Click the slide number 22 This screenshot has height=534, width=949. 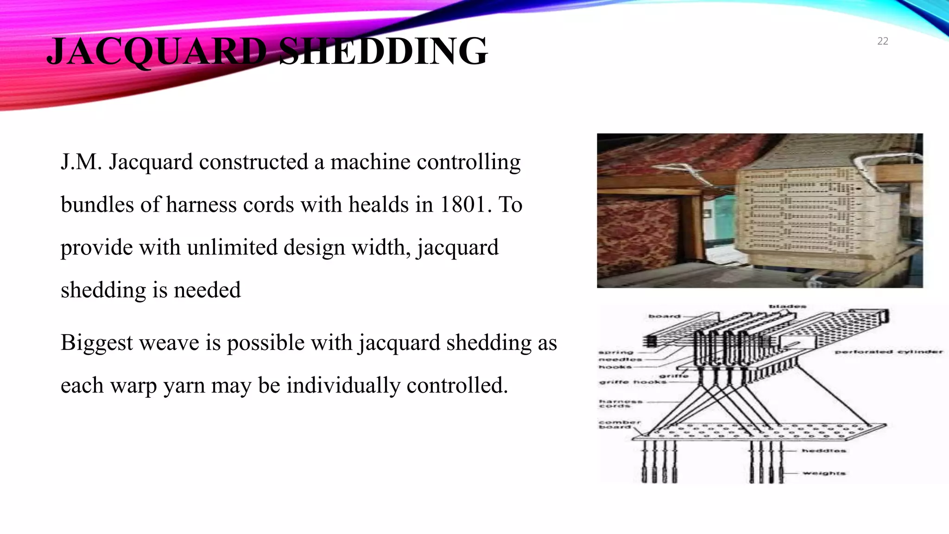(882, 41)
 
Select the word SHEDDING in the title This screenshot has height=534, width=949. (384, 51)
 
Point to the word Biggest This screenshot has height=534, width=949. (96, 343)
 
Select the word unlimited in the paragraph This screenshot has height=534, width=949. (232, 247)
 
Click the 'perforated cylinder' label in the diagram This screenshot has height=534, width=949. (889, 352)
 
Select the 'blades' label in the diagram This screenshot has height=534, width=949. (788, 306)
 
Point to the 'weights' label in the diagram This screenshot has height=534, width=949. (824, 473)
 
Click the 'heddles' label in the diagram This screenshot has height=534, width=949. (824, 451)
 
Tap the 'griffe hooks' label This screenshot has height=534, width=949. (633, 382)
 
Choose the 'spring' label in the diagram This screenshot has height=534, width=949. (616, 352)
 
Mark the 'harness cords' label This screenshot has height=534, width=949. (620, 404)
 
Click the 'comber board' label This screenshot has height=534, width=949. (619, 424)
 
